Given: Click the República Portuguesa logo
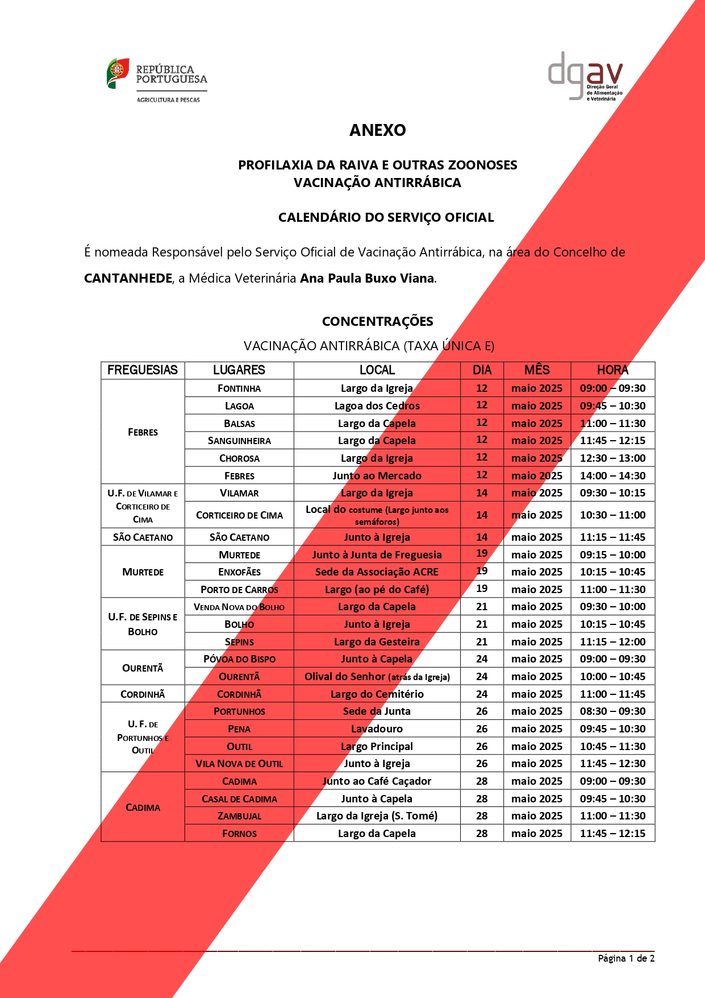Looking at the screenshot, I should (157, 79).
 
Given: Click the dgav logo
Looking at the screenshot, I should (585, 76).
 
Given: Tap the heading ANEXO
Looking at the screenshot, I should (377, 130).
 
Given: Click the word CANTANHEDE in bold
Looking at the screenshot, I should (128, 278).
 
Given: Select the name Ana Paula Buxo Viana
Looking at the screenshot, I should (367, 278).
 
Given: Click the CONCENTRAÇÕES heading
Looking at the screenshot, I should (377, 321).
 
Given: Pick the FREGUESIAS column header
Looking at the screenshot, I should (143, 370).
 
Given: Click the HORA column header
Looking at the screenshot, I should (612, 370).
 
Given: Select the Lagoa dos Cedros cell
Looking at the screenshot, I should (377, 406).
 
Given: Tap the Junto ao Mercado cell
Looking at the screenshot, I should (377, 476).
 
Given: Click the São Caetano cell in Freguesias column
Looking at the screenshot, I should (143, 537).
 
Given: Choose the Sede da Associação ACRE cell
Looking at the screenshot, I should (377, 572).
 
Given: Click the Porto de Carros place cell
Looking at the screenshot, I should (239, 590).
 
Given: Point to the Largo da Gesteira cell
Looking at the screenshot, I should (377, 642).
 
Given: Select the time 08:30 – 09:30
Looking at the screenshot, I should (612, 711).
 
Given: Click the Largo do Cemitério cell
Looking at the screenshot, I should (377, 694).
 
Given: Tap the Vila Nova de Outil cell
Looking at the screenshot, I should (239, 764).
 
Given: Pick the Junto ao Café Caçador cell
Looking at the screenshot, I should (377, 781).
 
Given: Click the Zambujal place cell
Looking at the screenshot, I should (239, 816).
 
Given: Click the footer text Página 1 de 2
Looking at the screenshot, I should (626, 958).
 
